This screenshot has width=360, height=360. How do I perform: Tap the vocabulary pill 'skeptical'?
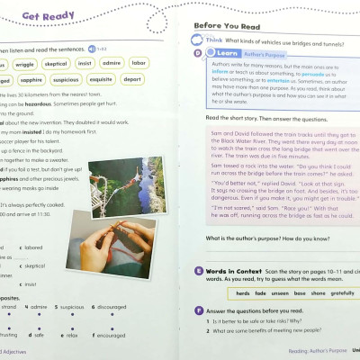pyautogui.click(x=58, y=65)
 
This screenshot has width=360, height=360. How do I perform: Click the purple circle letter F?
pyautogui.click(x=198, y=310)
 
